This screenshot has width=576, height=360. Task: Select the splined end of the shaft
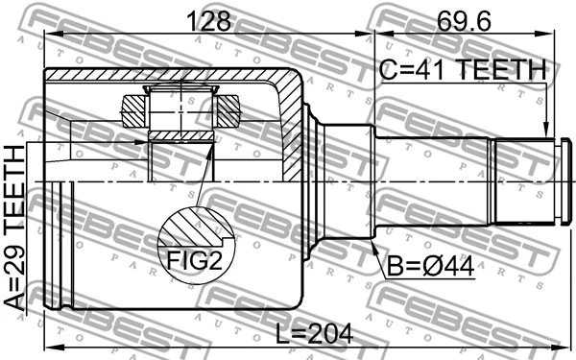point(524,180)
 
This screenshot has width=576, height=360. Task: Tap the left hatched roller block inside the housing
point(132,108)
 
